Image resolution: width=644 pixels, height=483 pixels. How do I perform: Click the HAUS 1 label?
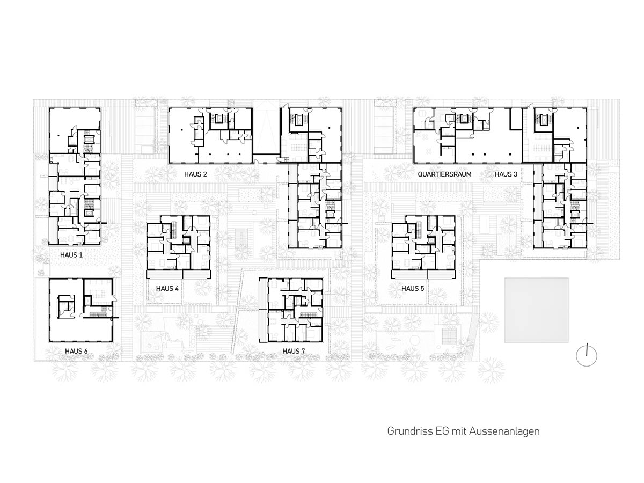click(71, 255)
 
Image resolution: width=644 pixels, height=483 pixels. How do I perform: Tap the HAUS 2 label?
click(195, 174)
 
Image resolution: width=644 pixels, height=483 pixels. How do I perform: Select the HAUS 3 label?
click(506, 174)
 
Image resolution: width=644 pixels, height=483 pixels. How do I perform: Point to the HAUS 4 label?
click(167, 289)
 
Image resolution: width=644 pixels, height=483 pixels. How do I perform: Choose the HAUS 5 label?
click(413, 289)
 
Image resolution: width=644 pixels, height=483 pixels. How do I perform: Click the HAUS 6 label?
click(76, 351)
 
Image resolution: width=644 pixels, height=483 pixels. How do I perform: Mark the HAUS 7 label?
click(294, 351)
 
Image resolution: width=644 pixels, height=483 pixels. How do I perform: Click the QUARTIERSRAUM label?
click(444, 174)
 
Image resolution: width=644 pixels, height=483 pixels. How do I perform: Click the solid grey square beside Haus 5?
click(536, 310)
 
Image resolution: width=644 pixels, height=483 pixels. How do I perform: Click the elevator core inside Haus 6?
click(67, 306)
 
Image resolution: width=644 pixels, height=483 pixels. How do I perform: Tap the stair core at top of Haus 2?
click(218, 119)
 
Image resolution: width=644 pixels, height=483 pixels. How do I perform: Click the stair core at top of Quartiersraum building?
click(464, 119)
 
